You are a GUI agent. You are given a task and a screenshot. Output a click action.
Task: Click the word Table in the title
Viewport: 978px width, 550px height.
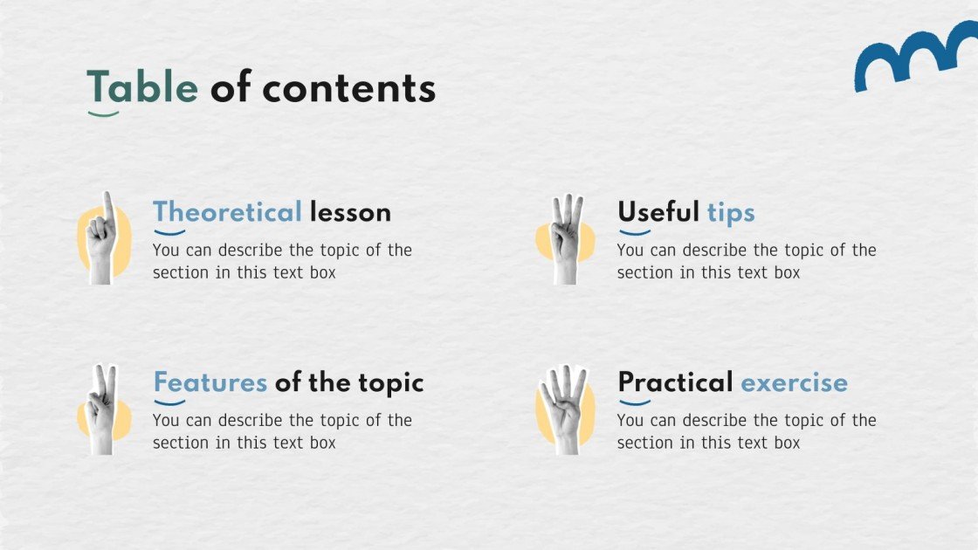pyautogui.click(x=141, y=88)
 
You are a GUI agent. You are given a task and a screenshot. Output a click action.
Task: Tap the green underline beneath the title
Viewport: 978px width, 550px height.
pyautogui.click(x=103, y=113)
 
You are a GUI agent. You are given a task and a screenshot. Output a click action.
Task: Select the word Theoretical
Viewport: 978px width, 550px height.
pyautogui.click(x=227, y=212)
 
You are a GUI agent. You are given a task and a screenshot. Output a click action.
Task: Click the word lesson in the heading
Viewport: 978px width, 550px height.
pyautogui.click(x=350, y=212)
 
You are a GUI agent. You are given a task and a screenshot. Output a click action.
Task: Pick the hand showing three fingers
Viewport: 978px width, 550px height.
pyautogui.click(x=566, y=239)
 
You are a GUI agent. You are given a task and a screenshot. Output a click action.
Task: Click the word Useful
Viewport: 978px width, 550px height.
pyautogui.click(x=658, y=212)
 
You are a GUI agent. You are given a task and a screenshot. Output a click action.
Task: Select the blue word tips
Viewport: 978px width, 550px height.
pyautogui.click(x=731, y=212)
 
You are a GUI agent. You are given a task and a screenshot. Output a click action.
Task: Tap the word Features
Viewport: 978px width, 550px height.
pyautogui.click(x=210, y=382)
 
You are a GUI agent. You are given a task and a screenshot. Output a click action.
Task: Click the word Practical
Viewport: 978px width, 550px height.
pyautogui.click(x=675, y=382)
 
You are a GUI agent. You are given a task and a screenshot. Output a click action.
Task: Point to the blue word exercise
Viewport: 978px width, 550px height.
pyautogui.click(x=794, y=382)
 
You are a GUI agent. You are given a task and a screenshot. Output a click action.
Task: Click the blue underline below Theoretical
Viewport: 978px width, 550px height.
pyautogui.click(x=169, y=233)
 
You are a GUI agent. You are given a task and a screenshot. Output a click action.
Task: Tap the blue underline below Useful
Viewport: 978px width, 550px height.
pyautogui.click(x=635, y=233)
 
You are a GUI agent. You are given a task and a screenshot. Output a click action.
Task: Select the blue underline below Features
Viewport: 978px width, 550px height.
pyautogui.click(x=169, y=403)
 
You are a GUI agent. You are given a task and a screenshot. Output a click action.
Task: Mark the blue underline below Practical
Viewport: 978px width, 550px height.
pyautogui.click(x=635, y=403)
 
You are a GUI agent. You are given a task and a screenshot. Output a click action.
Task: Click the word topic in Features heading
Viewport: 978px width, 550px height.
pyautogui.click(x=390, y=382)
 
